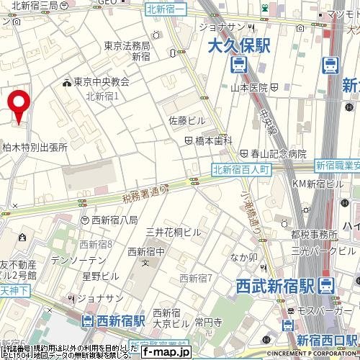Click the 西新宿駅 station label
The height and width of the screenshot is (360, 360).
pos(120,319)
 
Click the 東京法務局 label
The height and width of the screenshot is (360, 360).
pos(127,45)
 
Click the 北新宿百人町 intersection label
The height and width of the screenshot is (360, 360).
pos(241,169)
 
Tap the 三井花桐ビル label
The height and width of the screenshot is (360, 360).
pos(173,232)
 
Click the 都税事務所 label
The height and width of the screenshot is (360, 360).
pos(315,235)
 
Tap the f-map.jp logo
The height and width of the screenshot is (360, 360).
pos(166,352)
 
